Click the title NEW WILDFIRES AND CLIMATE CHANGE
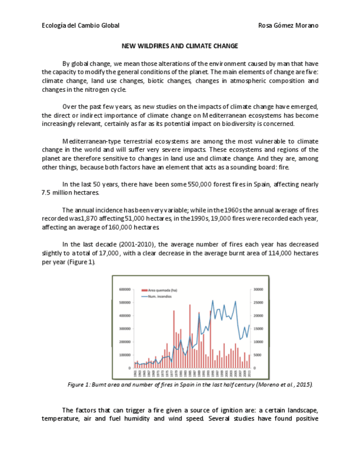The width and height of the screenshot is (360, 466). [180, 46]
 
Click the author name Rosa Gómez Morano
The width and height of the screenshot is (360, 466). [288, 26]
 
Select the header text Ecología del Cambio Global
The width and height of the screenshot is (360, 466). [81, 26]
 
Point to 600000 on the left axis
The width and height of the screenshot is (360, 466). [124, 289]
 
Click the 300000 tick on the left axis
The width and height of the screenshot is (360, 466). [124, 329]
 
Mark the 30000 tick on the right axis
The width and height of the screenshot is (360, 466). [258, 289]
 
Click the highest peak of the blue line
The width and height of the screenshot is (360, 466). [213, 301]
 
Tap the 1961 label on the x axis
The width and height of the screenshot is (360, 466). [135, 374]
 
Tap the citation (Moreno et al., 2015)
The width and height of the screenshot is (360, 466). [285, 385]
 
